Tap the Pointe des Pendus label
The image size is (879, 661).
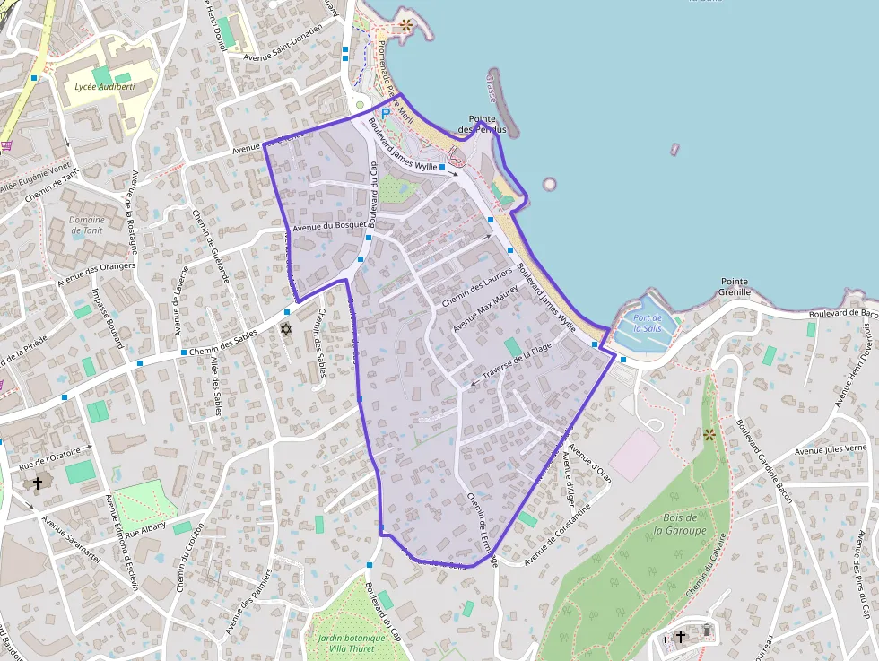click(483, 124)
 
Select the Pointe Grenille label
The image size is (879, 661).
click(734, 286)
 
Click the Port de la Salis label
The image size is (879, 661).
click(647, 323)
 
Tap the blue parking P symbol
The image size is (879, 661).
click(386, 114)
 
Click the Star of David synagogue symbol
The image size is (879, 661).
click(286, 330)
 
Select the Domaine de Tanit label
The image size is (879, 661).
click(87, 225)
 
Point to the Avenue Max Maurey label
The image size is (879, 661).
click(485, 309)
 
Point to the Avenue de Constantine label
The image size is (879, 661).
click(558, 529)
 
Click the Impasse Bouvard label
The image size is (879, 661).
click(109, 313)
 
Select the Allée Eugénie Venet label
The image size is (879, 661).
click(36, 177)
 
